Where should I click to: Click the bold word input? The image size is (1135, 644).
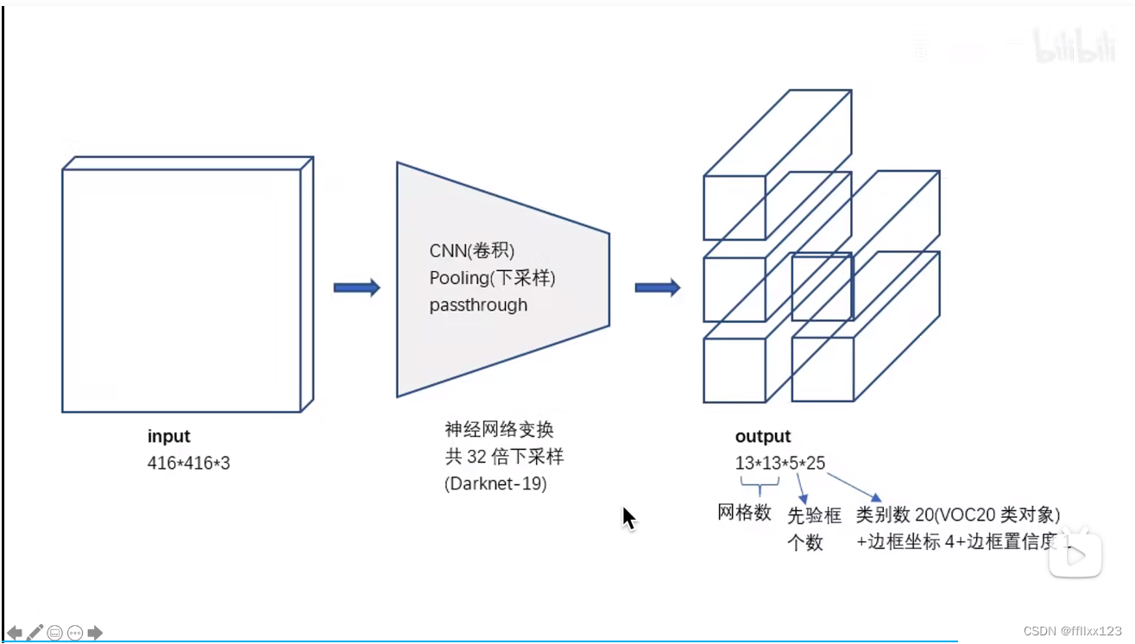pyautogui.click(x=168, y=437)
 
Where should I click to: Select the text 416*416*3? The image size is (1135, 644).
pyautogui.click(x=189, y=464)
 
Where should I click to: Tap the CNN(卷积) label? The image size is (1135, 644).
pyautogui.click(x=472, y=251)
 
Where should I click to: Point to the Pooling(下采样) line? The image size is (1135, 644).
pyautogui.click(x=493, y=278)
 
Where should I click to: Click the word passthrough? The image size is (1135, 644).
pyautogui.click(x=478, y=305)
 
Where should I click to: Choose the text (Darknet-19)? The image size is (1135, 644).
pyautogui.click(x=495, y=483)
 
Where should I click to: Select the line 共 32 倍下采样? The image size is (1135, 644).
pyautogui.click(x=505, y=457)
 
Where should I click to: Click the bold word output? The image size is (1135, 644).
pyautogui.click(x=763, y=437)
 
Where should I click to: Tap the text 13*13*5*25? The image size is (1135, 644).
pyautogui.click(x=780, y=464)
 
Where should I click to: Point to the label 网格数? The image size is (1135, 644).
pyautogui.click(x=744, y=512)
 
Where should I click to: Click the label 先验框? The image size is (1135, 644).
pyautogui.click(x=814, y=516)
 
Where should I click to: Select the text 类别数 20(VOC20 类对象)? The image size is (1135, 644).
pyautogui.click(x=957, y=515)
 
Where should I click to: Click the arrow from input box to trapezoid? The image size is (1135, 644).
pyautogui.click(x=356, y=288)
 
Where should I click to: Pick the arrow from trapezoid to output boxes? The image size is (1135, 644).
pyautogui.click(x=658, y=288)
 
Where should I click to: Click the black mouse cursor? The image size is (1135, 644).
pyautogui.click(x=629, y=518)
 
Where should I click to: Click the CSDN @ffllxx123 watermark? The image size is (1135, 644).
pyautogui.click(x=1080, y=631)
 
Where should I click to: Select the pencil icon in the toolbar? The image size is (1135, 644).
pyautogui.click(x=35, y=632)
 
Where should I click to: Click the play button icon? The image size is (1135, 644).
pyautogui.click(x=1075, y=555)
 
